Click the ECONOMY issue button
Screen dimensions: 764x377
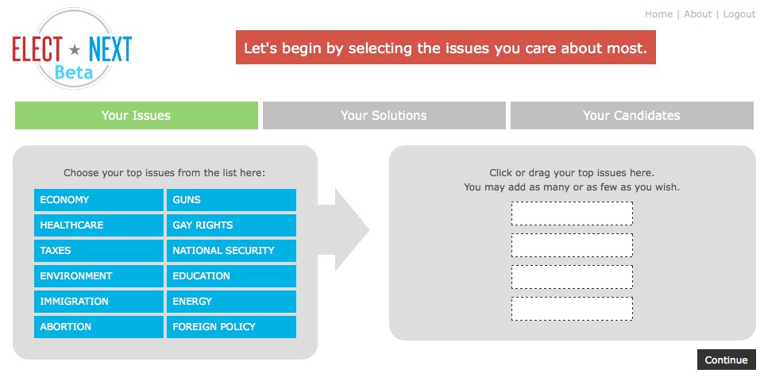click(x=98, y=200)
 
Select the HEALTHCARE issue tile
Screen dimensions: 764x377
click(x=98, y=225)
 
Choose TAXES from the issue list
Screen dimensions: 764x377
click(x=98, y=250)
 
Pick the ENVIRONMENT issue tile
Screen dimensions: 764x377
click(x=98, y=275)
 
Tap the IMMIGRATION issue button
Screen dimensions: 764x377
click(x=98, y=301)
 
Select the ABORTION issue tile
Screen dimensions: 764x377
click(x=98, y=326)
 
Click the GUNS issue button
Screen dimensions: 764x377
click(x=231, y=200)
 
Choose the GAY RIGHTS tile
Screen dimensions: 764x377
click(x=231, y=225)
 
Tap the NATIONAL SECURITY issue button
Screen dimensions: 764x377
click(x=231, y=250)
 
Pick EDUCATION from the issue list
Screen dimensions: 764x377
click(x=231, y=275)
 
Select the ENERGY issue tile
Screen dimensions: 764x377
click(x=231, y=301)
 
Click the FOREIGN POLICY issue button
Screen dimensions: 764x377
click(x=231, y=326)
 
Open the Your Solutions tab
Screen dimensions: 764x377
click(x=384, y=115)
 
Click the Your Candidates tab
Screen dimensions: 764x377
click(x=632, y=115)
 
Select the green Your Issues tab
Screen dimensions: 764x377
click(x=137, y=115)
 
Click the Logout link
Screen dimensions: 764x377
click(x=739, y=14)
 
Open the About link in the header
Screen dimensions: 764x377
click(x=698, y=14)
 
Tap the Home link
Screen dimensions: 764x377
click(x=658, y=14)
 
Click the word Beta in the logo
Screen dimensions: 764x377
click(x=74, y=72)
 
